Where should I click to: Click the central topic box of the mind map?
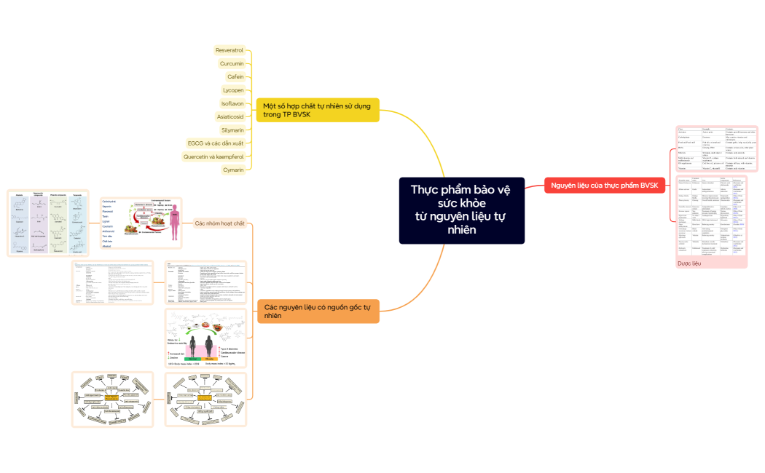pos(461,210)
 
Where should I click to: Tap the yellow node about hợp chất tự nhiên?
pos(317,109)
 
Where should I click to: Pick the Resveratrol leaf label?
pos(229,50)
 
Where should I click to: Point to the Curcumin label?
pos(231,63)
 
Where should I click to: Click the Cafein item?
pos(235,76)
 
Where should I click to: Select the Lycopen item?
pos(232,90)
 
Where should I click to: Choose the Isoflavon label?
pos(232,103)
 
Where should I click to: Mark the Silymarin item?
pos(232,130)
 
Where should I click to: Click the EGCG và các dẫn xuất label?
pos(215,143)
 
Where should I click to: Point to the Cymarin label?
pos(232,170)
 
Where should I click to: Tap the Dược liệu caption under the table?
pos(688,263)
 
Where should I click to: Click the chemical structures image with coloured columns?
pos(47,223)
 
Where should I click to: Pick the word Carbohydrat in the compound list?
pos(109,201)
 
